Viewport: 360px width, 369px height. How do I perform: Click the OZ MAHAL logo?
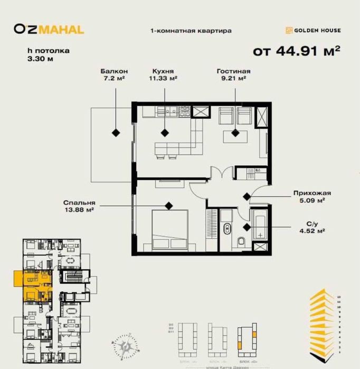[x=49, y=30]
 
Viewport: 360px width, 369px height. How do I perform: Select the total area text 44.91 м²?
[x=296, y=51]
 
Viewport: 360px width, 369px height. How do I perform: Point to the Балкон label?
[x=115, y=71]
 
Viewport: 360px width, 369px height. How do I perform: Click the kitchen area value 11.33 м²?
[x=163, y=78]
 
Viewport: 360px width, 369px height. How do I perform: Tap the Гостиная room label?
[x=233, y=71]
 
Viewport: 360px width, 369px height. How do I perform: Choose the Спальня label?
[x=79, y=202]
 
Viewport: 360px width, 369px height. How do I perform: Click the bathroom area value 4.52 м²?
[x=310, y=230]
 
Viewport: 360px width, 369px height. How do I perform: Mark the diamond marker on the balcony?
[x=115, y=131]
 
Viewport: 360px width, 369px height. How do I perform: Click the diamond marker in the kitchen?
[x=165, y=132]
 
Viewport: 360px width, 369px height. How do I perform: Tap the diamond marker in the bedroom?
[x=168, y=205]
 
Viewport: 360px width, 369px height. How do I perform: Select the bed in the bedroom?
[x=169, y=230]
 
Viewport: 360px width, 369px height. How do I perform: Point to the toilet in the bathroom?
[x=241, y=242]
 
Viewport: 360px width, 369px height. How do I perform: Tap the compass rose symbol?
[x=127, y=345]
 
